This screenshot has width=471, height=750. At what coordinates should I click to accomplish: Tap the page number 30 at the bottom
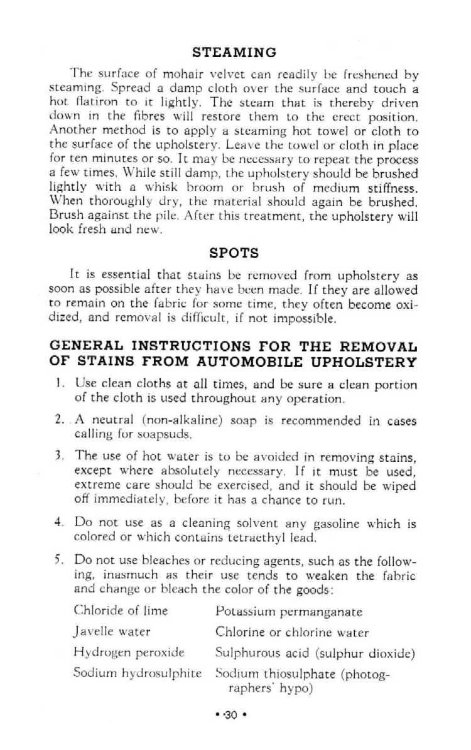pyautogui.click(x=232, y=714)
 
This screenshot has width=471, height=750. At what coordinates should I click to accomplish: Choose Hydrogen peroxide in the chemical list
pyautogui.click(x=129, y=653)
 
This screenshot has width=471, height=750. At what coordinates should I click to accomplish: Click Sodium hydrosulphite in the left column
pyautogui.click(x=137, y=673)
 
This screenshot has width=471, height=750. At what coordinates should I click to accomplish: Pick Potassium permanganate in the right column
pyautogui.click(x=289, y=611)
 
